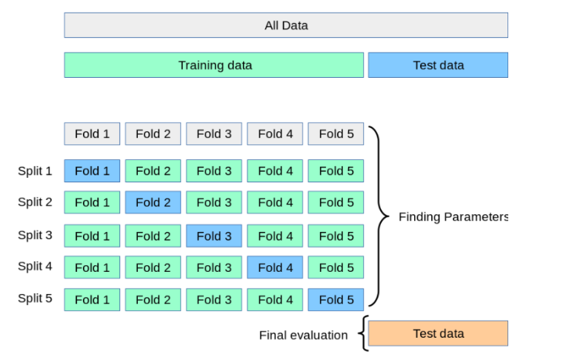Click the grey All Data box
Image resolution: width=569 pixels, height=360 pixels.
(x=286, y=25)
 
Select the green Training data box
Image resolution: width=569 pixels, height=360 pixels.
(x=214, y=65)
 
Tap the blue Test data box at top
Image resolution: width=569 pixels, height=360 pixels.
(x=438, y=65)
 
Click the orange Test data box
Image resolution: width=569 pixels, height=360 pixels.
(x=438, y=333)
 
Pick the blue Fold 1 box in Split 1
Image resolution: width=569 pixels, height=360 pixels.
(x=92, y=171)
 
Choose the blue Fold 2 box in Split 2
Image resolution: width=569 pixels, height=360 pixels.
(x=153, y=202)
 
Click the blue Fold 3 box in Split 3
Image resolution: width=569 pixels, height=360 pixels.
(x=214, y=236)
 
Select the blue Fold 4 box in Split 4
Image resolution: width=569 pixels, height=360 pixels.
(x=275, y=267)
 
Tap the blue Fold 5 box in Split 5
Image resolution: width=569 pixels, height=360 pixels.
(x=336, y=299)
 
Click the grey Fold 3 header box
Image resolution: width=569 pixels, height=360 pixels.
(x=214, y=134)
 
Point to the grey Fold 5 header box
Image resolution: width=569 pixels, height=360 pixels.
(x=336, y=134)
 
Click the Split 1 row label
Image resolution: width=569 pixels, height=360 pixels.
(x=35, y=171)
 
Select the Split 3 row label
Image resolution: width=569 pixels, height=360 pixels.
(x=35, y=235)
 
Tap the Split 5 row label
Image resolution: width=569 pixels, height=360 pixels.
(x=35, y=299)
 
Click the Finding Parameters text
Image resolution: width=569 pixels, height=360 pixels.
(x=453, y=217)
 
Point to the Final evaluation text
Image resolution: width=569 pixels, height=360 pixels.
(x=303, y=335)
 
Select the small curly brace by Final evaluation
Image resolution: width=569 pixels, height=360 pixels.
(x=362, y=333)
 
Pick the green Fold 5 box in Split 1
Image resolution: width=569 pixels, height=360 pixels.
(x=336, y=171)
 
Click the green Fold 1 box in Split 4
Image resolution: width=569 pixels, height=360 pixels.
(x=92, y=267)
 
